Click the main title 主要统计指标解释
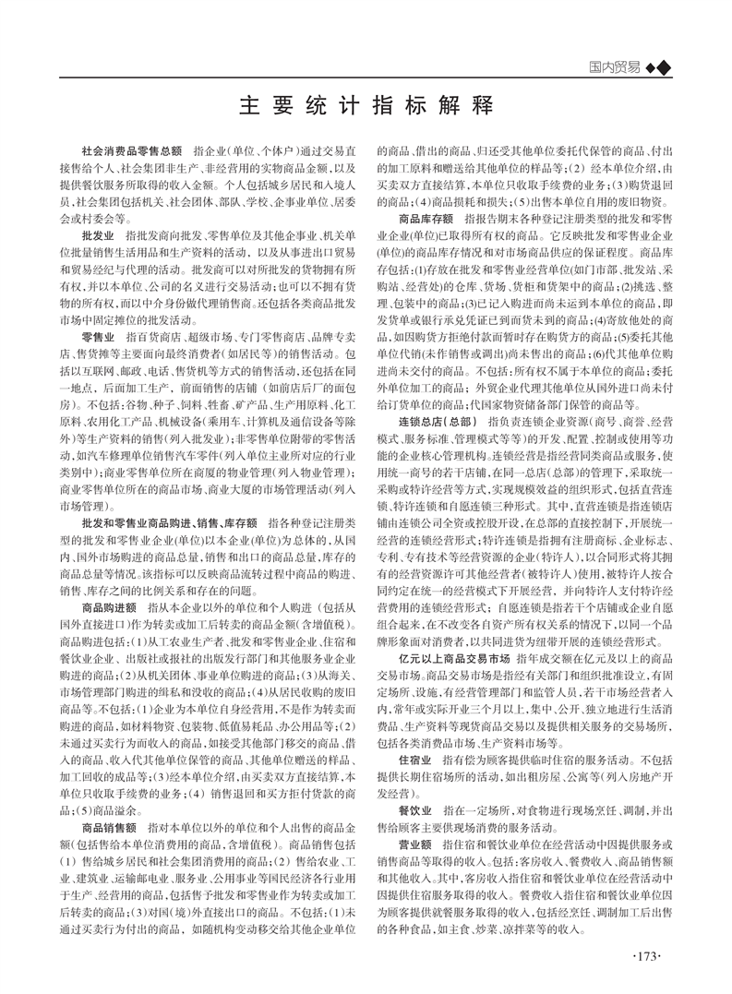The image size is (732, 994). click(x=366, y=104)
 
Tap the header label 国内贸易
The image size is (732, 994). click(x=616, y=66)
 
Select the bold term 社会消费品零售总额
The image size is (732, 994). click(x=132, y=150)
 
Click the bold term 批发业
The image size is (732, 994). click(x=98, y=211)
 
